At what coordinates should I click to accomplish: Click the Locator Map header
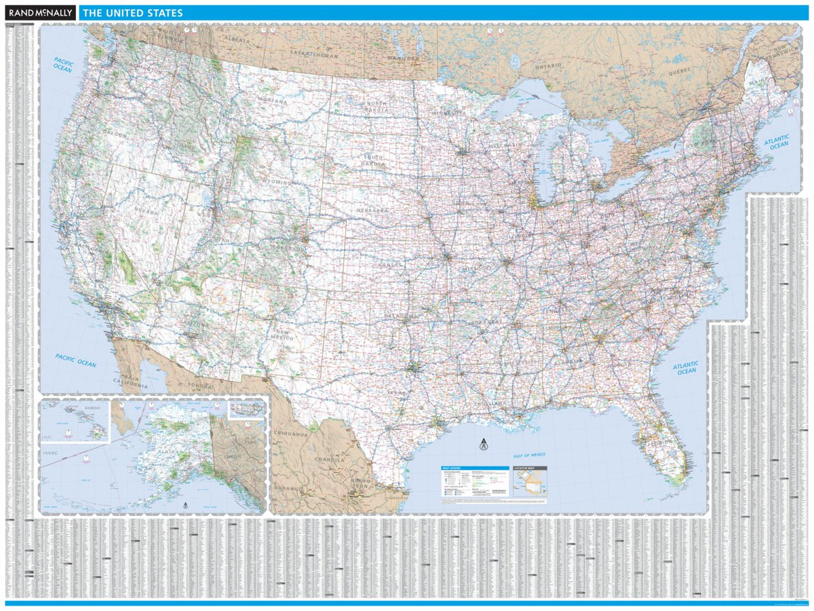pyautogui.click(x=529, y=468)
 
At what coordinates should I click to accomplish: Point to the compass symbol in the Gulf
pyautogui.click(x=483, y=446)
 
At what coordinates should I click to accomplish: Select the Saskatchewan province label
pyautogui.click(x=313, y=53)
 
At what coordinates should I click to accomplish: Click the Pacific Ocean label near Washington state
pyautogui.click(x=63, y=64)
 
